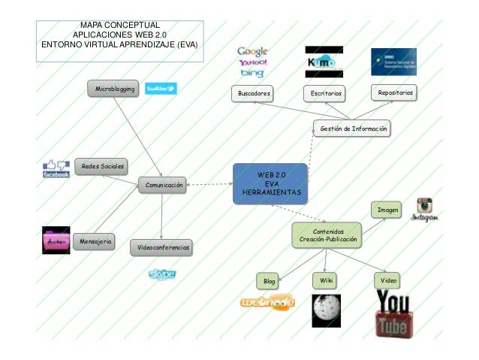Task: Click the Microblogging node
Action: coord(114,89)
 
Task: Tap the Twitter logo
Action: coord(160,89)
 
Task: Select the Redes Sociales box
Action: coord(102,165)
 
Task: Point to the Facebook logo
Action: coord(56,169)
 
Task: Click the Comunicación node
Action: coord(163,185)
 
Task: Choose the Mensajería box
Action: coord(95,241)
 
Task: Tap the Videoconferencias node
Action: coord(161,247)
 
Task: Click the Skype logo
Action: coord(161,275)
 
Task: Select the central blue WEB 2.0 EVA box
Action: coord(270,183)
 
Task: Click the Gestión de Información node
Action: coord(353,129)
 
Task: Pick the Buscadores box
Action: coord(251,94)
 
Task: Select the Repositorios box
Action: coord(395,92)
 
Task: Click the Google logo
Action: coord(253,52)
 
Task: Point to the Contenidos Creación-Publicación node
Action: coord(327,234)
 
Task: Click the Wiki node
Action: coord(325,280)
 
